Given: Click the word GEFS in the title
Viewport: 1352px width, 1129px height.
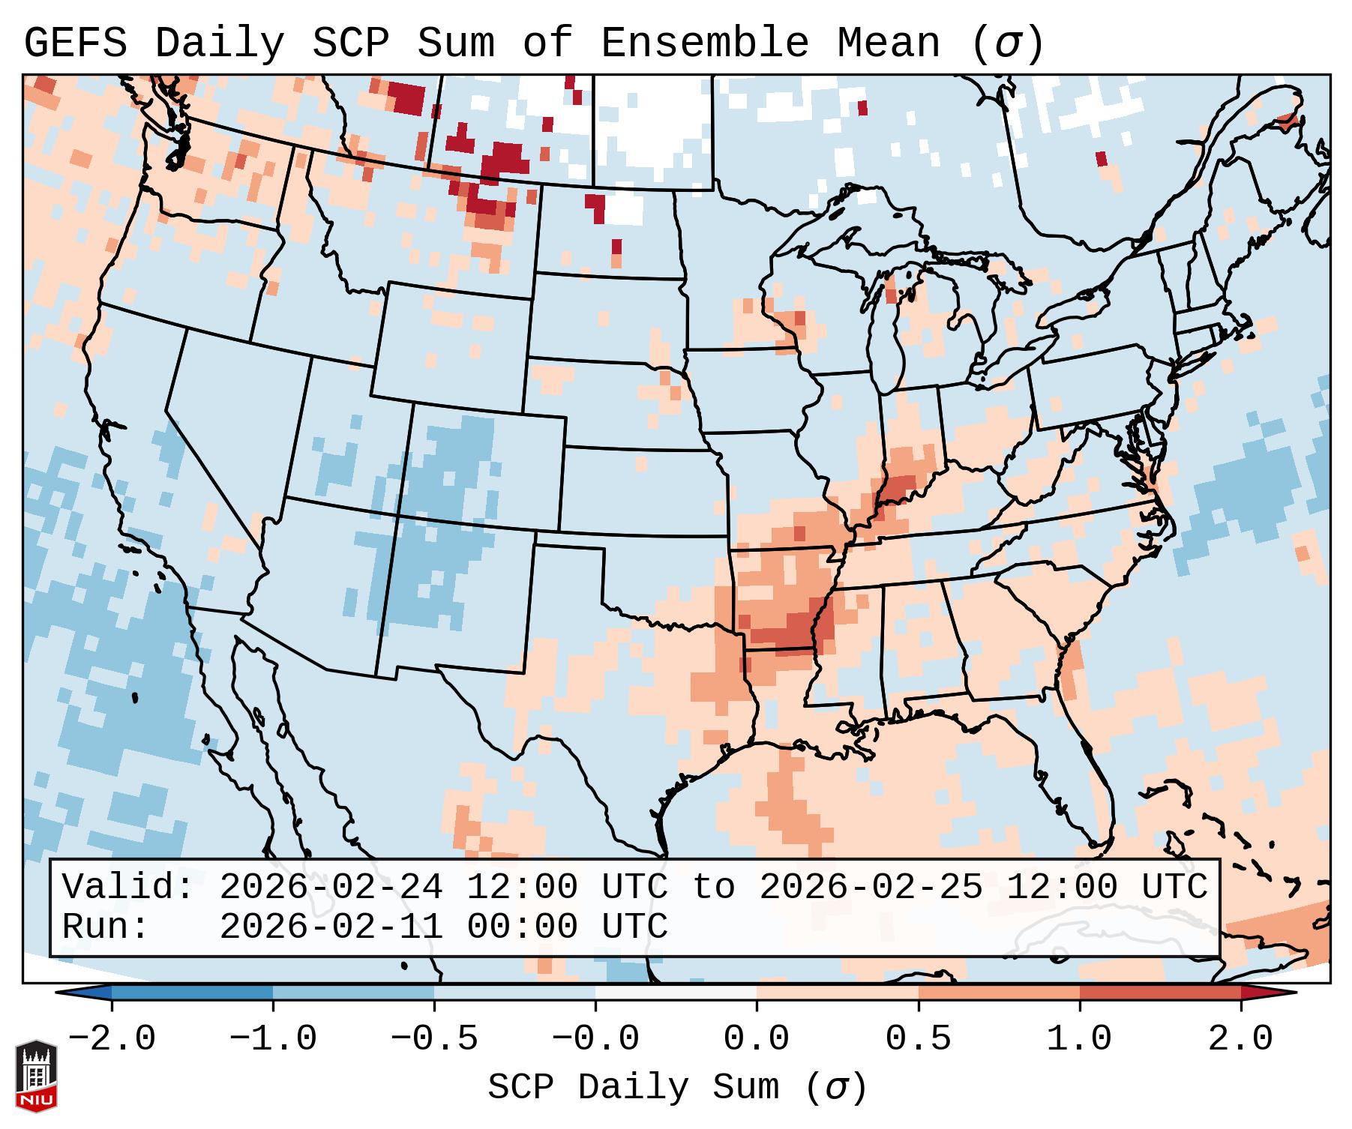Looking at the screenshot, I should pyautogui.click(x=76, y=43).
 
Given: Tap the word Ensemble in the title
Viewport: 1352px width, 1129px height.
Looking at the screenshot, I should pyautogui.click(x=704, y=43).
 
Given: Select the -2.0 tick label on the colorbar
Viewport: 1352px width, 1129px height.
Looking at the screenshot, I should pyautogui.click(x=112, y=1040).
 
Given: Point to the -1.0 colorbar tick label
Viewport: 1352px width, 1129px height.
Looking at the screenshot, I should pyautogui.click(x=273, y=1040).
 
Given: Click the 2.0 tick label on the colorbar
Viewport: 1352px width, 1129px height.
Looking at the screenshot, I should pyautogui.click(x=1240, y=1040).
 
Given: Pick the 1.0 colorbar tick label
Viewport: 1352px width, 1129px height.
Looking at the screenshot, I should pyautogui.click(x=1079, y=1040).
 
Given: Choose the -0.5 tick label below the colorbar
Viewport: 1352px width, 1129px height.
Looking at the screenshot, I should pyautogui.click(x=434, y=1040).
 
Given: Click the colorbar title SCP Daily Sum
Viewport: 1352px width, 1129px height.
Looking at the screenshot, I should pyautogui.click(x=644, y=1087).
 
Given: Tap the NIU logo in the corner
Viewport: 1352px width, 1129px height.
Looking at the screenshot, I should pyautogui.click(x=36, y=1076).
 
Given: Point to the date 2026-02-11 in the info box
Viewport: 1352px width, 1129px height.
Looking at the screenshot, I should pyautogui.click(x=331, y=927).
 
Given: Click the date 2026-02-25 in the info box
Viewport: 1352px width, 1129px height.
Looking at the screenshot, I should pyautogui.click(x=871, y=888).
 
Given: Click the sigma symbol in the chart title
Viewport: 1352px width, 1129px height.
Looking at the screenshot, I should pyautogui.click(x=1007, y=43).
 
